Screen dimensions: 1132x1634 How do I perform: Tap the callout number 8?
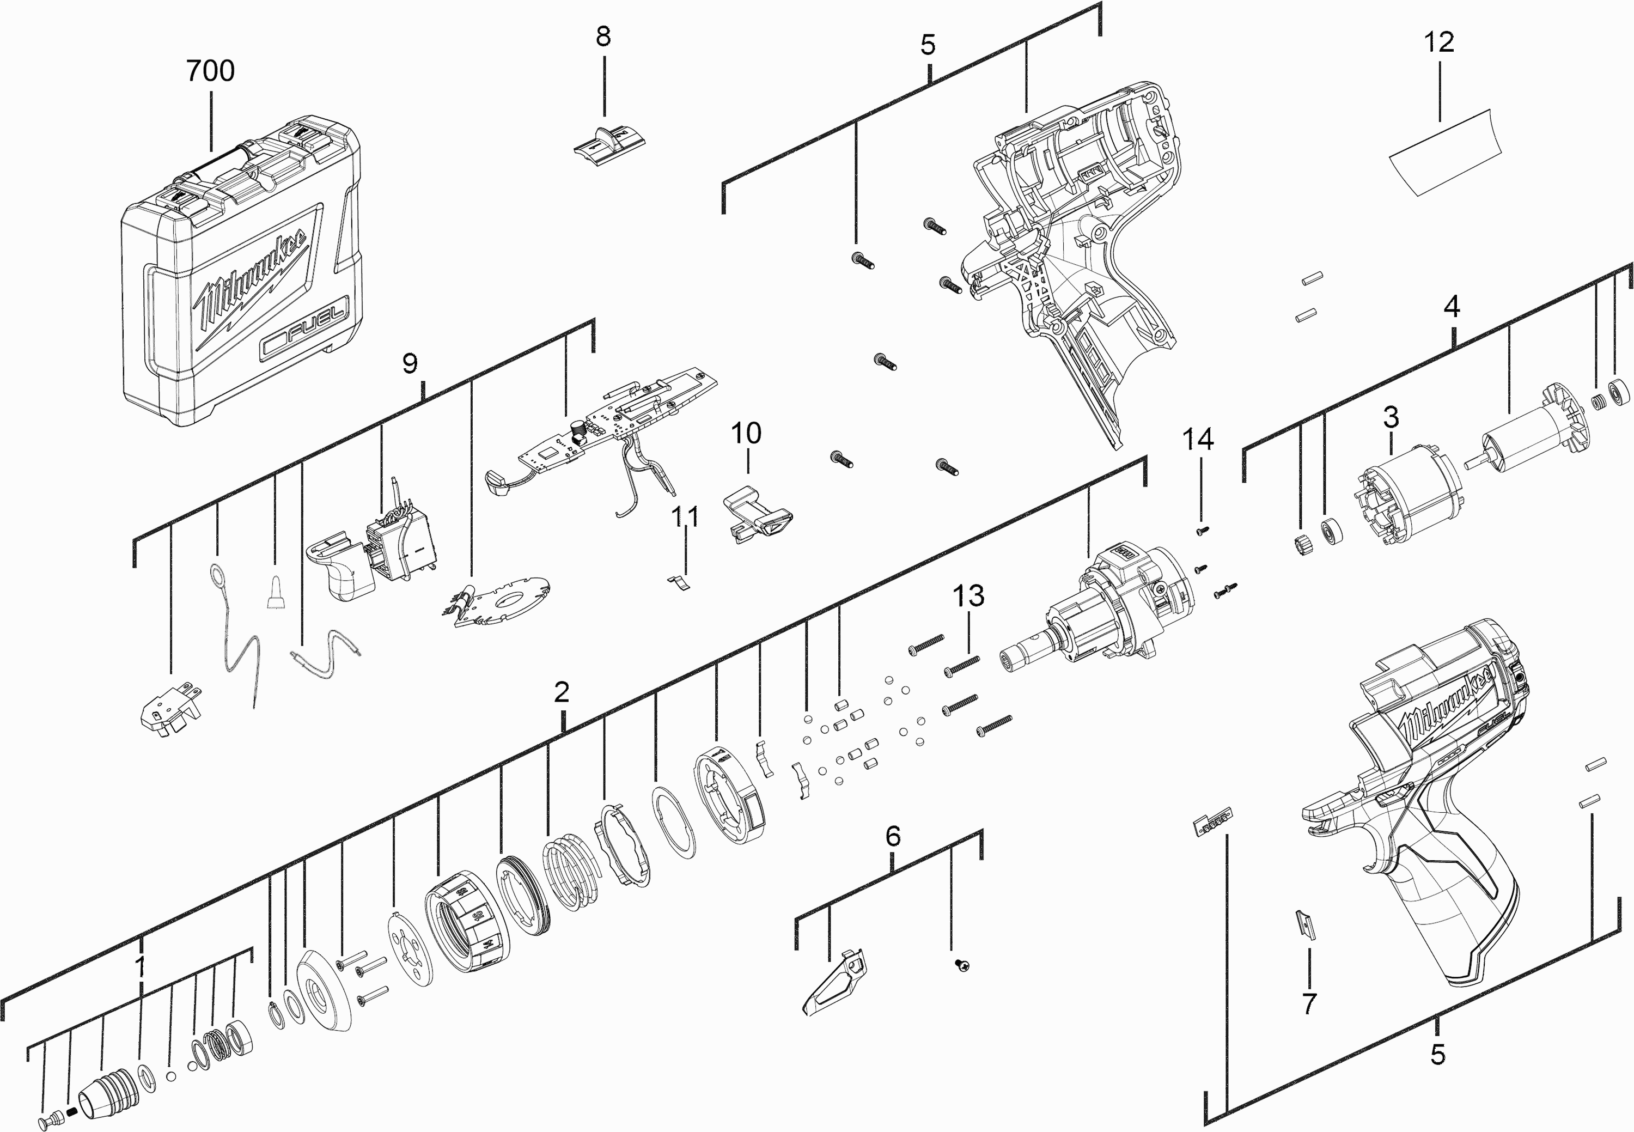click(x=603, y=35)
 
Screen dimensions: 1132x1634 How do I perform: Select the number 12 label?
click(x=1439, y=42)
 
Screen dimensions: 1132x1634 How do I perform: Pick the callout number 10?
click(x=746, y=432)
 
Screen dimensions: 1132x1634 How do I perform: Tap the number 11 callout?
click(x=685, y=516)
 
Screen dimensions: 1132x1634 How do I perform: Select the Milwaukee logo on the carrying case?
click(x=252, y=284)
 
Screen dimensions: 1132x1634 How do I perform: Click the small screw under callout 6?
click(x=962, y=965)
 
